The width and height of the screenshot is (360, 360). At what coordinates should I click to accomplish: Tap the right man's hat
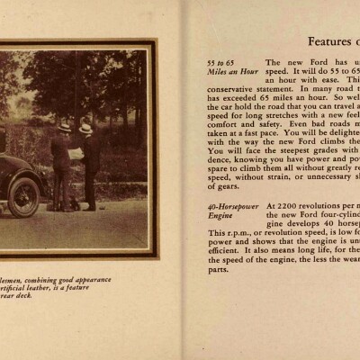[x=85, y=129]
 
